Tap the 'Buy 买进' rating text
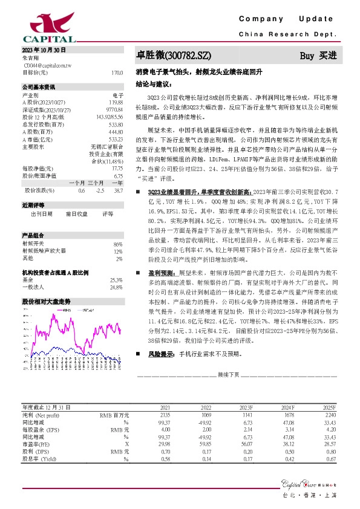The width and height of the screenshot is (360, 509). [x=318, y=56]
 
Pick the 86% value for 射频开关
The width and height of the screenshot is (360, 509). [x=117, y=244]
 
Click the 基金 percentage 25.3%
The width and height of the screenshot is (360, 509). [x=116, y=280]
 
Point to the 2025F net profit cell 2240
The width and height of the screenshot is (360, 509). [x=330, y=398]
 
